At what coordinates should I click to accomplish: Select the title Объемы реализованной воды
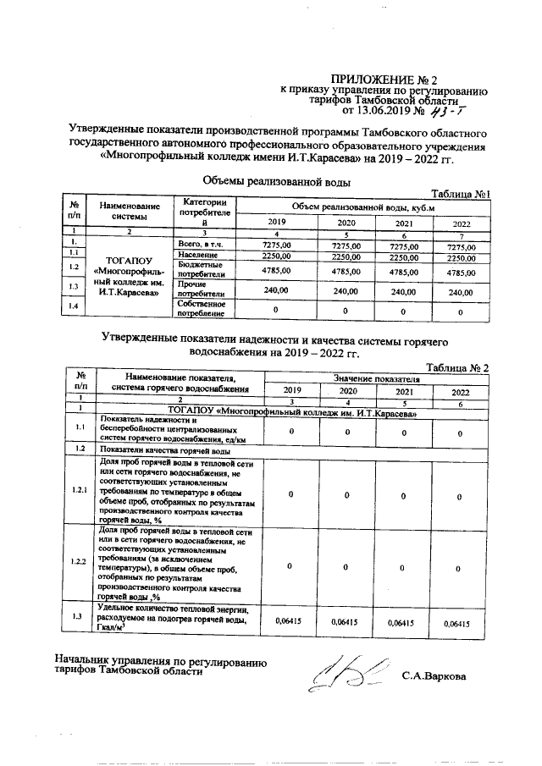[277, 180]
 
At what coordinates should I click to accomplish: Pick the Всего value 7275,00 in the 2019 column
[277, 245]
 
